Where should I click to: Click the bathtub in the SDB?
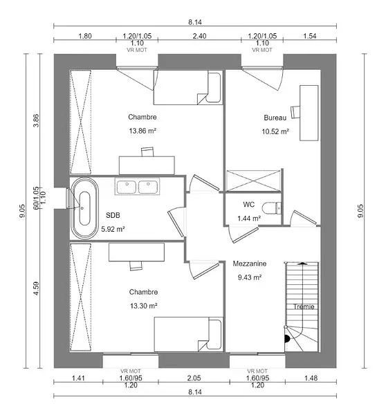click(84, 208)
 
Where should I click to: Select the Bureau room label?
click(275, 118)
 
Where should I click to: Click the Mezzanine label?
click(250, 264)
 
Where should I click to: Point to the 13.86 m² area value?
click(143, 131)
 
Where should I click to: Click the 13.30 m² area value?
click(144, 306)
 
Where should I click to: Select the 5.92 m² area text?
click(113, 229)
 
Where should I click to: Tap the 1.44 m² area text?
click(249, 219)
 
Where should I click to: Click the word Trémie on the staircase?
click(304, 306)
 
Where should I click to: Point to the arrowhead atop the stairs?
click(302, 263)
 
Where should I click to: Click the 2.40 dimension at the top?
click(199, 36)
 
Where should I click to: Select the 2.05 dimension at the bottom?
click(194, 378)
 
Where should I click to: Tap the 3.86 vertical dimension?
click(36, 120)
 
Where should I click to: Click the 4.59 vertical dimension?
click(36, 288)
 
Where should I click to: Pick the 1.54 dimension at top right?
click(310, 36)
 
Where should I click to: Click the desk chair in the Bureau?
click(295, 112)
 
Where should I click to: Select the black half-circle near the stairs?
click(287, 339)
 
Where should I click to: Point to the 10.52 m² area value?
click(275, 131)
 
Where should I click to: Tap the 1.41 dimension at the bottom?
click(78, 378)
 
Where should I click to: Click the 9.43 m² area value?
click(250, 277)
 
